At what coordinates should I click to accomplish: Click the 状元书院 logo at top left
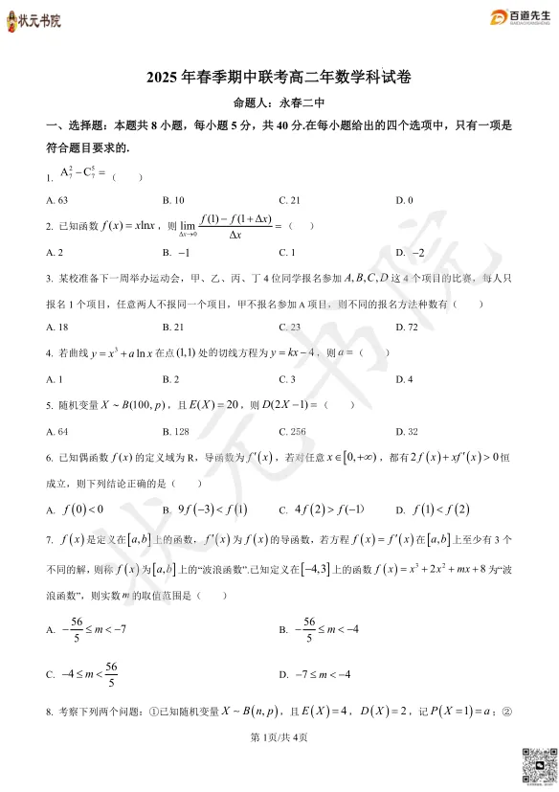tap(34, 20)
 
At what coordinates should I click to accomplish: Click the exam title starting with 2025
tap(279, 79)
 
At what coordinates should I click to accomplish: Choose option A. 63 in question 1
tap(56, 200)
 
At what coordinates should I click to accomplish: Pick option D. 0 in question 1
tap(404, 200)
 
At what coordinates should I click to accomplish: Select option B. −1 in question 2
tap(177, 253)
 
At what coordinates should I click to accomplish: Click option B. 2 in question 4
tap(172, 379)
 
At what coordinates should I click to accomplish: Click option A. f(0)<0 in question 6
tap(76, 509)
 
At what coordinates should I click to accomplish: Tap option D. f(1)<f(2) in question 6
tap(433, 509)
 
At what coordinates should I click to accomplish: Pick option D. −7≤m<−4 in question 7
tap(316, 674)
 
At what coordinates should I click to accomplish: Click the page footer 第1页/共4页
tap(279, 736)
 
